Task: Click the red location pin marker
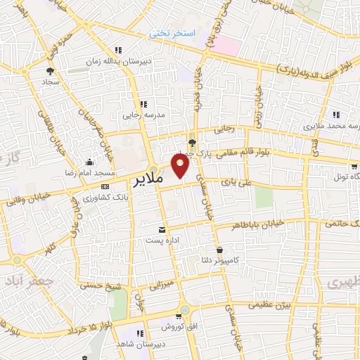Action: [x=181, y=165]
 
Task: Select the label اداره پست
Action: [x=162, y=241]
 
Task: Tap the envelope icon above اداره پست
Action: [x=162, y=230]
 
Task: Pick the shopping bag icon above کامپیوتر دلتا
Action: [x=219, y=250]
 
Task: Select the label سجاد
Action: [x=49, y=82]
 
